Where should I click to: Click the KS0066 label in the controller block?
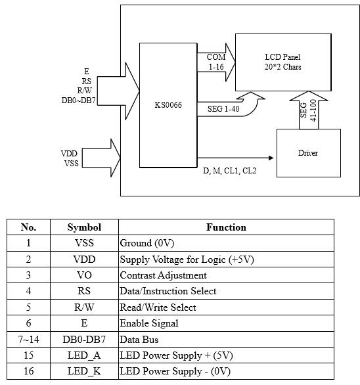[168, 105]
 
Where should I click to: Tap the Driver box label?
[308, 153]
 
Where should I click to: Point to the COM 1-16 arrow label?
[216, 62]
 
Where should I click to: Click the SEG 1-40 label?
[223, 109]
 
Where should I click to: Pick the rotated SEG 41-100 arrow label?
[309, 110]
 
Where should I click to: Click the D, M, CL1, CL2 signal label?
[230, 170]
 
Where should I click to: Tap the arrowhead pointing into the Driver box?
[271, 158]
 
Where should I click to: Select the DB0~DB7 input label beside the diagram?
[78, 101]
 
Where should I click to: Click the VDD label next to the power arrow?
[69, 154]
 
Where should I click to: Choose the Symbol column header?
[84, 227]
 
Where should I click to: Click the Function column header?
[226, 227]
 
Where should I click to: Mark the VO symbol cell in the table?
[84, 275]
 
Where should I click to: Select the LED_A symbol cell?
[84, 355]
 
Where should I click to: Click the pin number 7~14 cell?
[28, 339]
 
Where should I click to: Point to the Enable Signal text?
[149, 323]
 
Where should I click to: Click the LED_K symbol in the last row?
[84, 371]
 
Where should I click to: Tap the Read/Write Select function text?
[158, 307]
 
